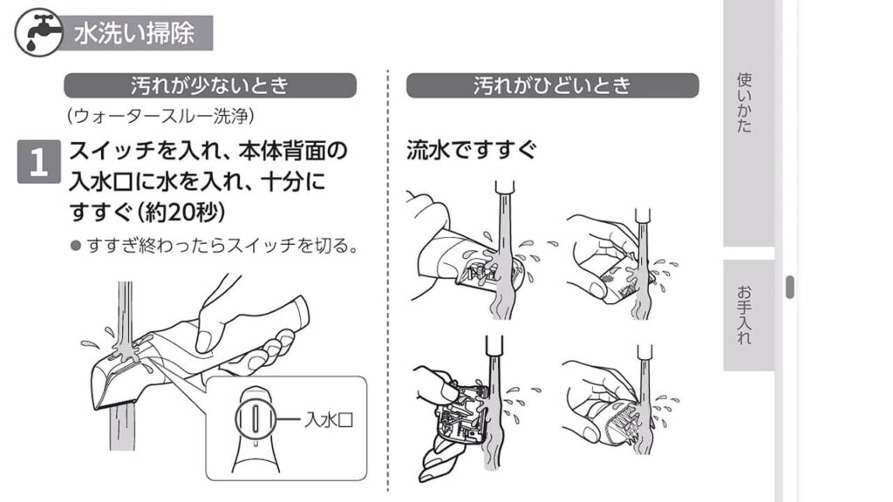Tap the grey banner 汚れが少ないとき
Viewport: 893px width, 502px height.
[209, 85]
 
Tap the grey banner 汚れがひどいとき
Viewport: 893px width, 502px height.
[552, 85]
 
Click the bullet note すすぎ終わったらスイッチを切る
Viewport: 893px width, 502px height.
[222, 245]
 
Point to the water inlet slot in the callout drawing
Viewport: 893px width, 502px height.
[251, 418]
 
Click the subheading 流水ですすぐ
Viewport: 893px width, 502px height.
[471, 150]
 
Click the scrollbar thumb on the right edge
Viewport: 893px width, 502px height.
[790, 287]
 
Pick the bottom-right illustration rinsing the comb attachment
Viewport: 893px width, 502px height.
[615, 405]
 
